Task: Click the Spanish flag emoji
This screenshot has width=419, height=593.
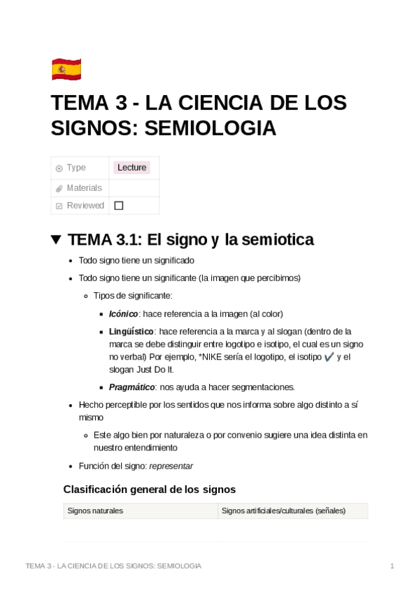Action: [66, 69]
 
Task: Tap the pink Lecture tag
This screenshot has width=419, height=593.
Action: [132, 168]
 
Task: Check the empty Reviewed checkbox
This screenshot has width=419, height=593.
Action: [118, 206]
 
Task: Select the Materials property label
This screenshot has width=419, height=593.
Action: [84, 187]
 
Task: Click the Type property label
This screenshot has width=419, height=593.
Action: [76, 168]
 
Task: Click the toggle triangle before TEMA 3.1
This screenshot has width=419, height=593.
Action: [57, 240]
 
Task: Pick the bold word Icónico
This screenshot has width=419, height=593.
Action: [123, 314]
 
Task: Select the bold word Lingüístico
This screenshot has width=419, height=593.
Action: [131, 331]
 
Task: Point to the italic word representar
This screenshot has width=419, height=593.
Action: [171, 466]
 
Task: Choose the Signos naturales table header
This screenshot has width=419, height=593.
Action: [95, 511]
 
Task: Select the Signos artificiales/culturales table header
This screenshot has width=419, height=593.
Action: [283, 511]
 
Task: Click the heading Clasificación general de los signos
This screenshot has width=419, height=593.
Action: [149, 489]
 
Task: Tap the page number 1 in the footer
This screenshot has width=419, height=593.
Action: [392, 566]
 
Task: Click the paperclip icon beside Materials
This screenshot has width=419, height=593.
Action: [59, 188]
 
